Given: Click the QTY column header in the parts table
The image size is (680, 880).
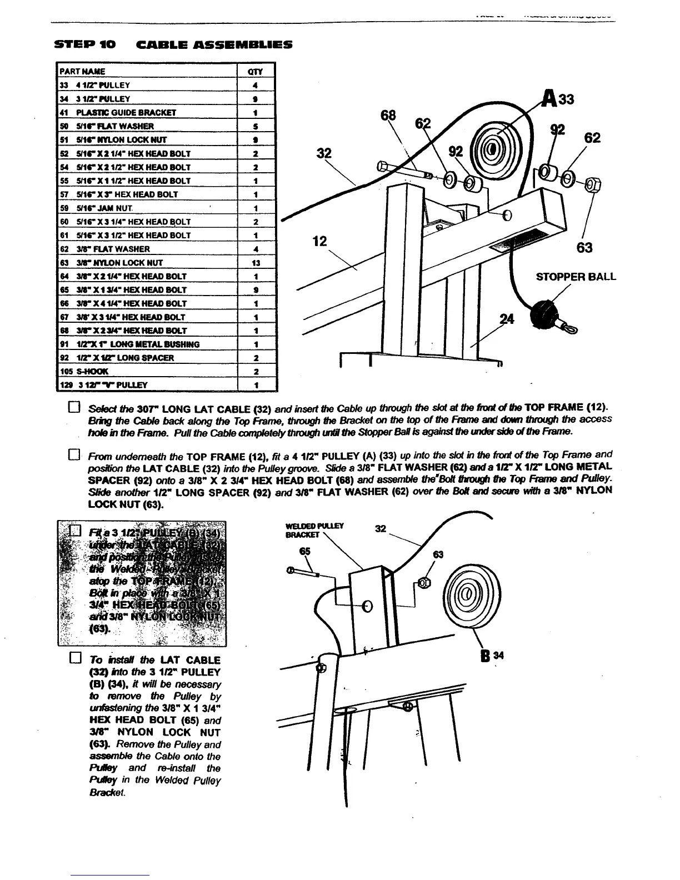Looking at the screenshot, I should (256, 72).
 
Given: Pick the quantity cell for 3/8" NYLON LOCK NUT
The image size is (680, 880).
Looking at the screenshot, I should (256, 263).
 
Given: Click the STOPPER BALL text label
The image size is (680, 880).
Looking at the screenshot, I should (576, 277).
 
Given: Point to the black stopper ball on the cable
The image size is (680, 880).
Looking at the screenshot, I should (544, 316).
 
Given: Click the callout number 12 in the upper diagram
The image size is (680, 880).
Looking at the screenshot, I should (319, 241).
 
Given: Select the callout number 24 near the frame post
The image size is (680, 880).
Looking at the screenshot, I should (506, 319).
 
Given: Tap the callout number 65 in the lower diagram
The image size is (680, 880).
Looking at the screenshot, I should (303, 552).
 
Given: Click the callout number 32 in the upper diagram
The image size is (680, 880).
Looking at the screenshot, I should (324, 153).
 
